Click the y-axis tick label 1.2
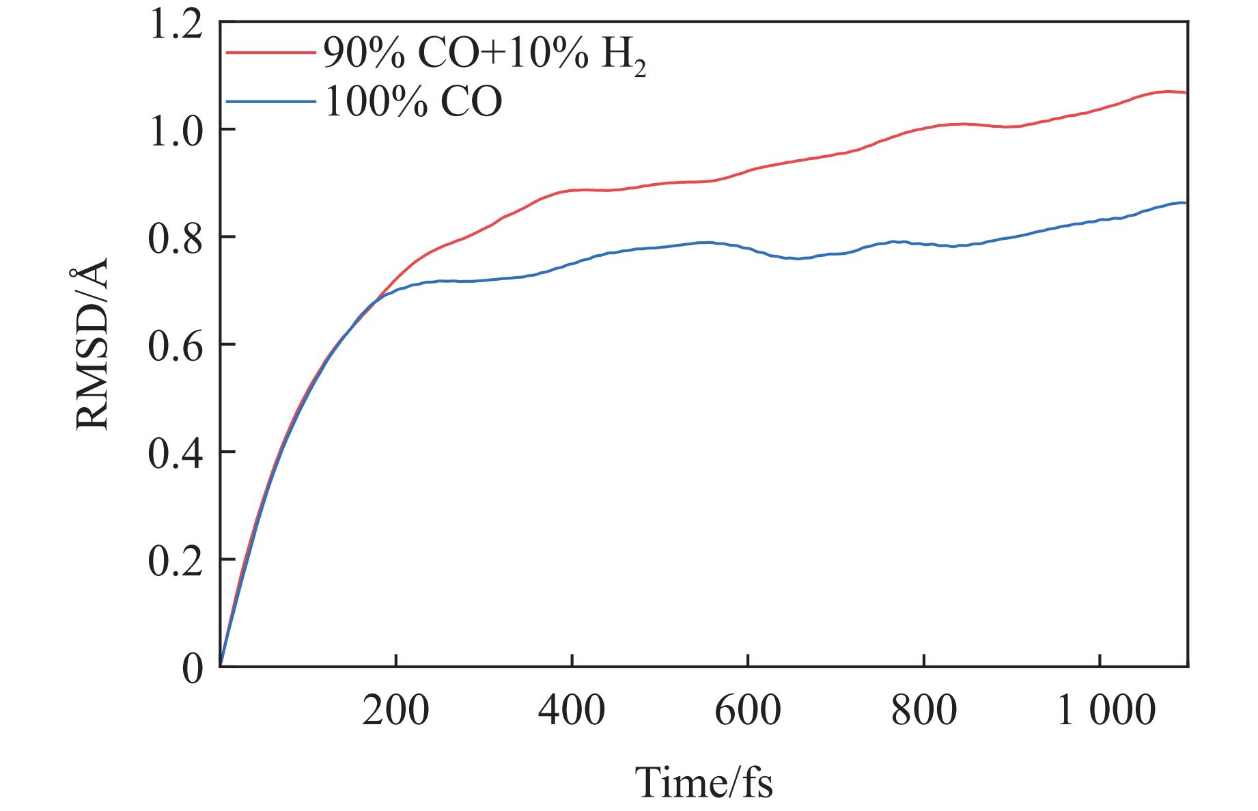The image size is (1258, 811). click(x=176, y=25)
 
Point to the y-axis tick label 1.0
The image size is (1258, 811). click(x=176, y=130)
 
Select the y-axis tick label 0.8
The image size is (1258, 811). click(x=176, y=238)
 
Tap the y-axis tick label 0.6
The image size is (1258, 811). click(x=176, y=345)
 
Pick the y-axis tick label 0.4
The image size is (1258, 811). click(x=176, y=453)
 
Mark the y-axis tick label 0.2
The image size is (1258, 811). click(x=176, y=560)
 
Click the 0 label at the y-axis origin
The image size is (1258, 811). click(x=193, y=668)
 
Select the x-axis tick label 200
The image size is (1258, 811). click(x=395, y=711)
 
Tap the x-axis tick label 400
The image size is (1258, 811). click(x=572, y=711)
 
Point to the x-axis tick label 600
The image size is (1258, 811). click(x=748, y=711)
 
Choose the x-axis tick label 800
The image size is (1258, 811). click(x=923, y=711)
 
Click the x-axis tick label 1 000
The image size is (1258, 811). click(x=1106, y=711)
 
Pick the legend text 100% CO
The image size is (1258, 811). click(x=413, y=102)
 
